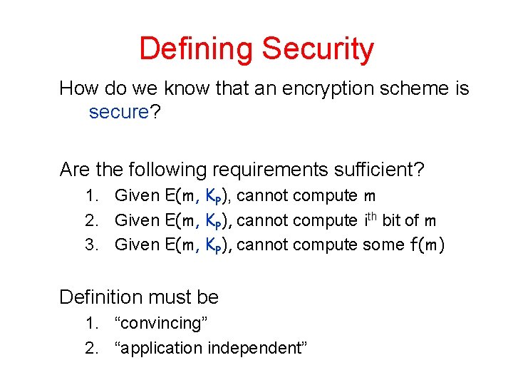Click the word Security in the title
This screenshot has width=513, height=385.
click(x=318, y=50)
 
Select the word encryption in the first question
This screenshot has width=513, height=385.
click(x=323, y=89)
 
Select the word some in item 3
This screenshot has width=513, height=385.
click(x=383, y=245)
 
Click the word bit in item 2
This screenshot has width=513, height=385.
click(x=398, y=220)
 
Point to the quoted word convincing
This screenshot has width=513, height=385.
click(x=162, y=324)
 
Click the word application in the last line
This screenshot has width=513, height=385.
click(x=159, y=349)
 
